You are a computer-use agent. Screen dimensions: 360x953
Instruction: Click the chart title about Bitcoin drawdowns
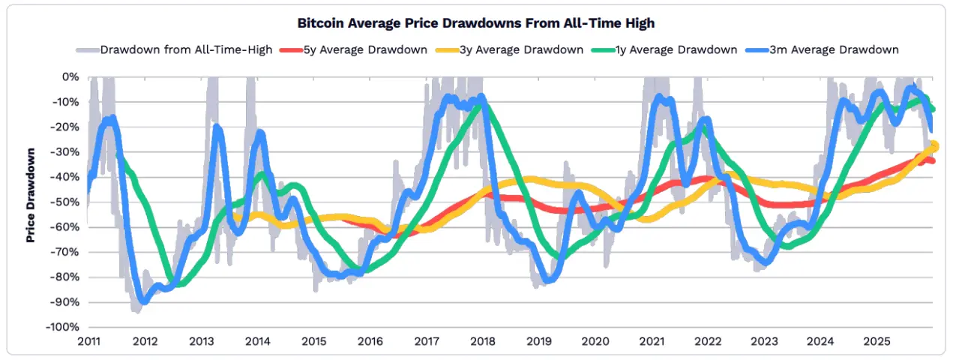[476, 23]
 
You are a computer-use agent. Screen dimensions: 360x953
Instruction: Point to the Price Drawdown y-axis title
[31, 196]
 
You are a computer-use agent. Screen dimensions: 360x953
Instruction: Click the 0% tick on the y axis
[70, 76]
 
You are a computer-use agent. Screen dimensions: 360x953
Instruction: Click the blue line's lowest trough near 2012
[143, 301]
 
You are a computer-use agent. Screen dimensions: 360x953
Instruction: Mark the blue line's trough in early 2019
[548, 280]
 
